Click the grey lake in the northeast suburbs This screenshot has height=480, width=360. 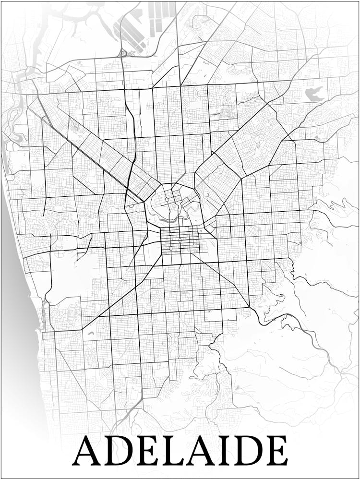315,93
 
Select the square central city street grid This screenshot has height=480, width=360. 180,240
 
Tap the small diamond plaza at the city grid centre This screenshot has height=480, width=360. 180,240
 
